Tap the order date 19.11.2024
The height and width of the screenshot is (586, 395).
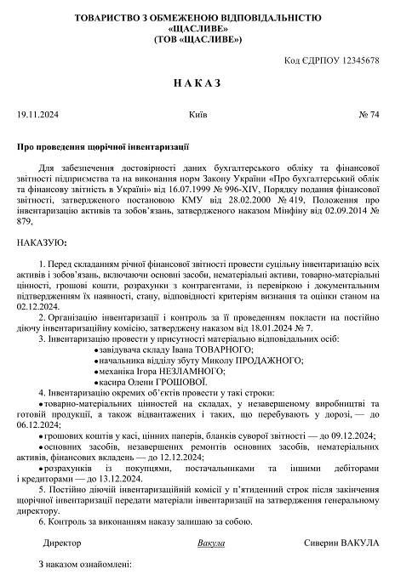click(x=37, y=113)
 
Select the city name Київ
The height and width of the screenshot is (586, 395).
click(x=194, y=113)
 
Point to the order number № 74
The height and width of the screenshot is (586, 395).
click(x=369, y=113)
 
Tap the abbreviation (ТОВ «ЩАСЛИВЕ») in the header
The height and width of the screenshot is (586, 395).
click(x=197, y=39)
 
